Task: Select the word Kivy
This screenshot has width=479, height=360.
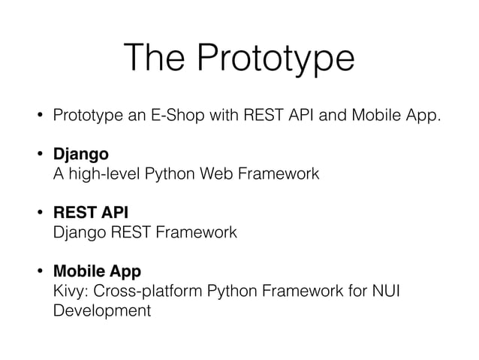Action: (69, 290)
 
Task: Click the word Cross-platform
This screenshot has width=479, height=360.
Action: (143, 290)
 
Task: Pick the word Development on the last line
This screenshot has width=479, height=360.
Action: (102, 309)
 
